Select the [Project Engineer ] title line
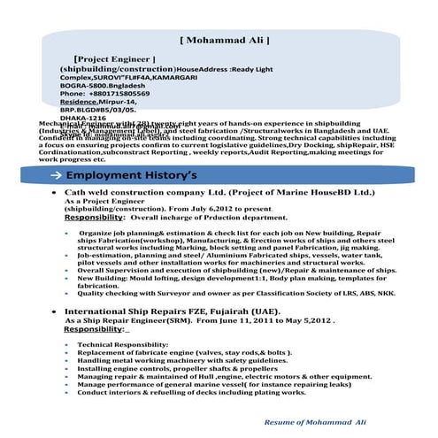click(x=114, y=58)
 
